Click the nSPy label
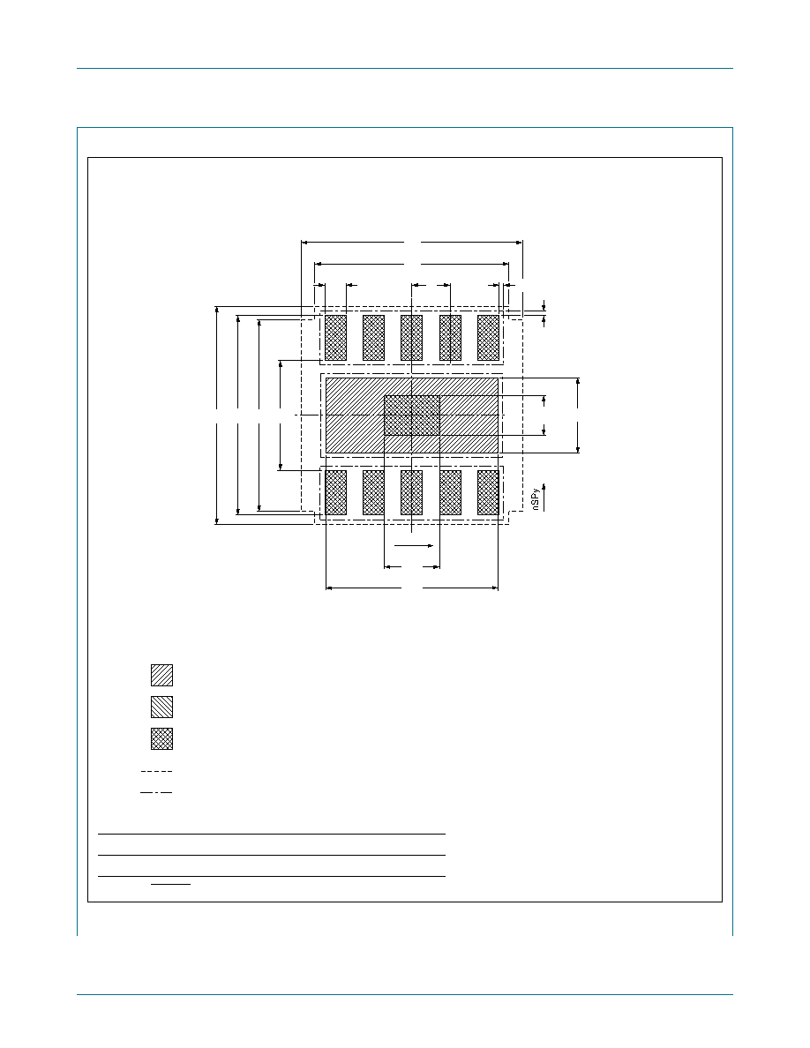(x=536, y=499)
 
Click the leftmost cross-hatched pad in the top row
(x=335, y=338)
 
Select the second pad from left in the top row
(x=373, y=338)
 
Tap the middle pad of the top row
(x=412, y=338)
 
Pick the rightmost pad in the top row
(x=489, y=338)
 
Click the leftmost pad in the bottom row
(x=335, y=492)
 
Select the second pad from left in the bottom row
(x=373, y=492)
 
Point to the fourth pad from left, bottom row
(x=451, y=492)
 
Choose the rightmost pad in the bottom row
(x=489, y=492)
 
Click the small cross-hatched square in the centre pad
(x=412, y=415)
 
